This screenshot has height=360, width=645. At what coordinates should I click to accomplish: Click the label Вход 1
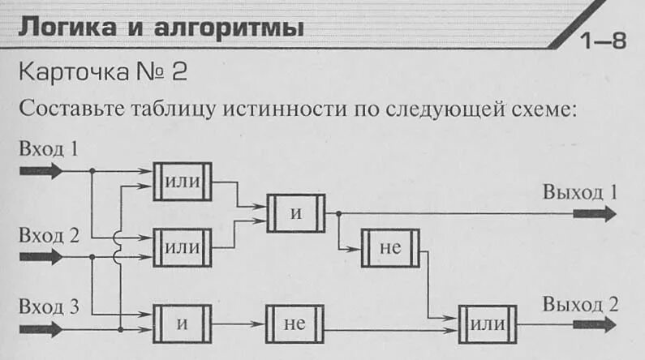coord(50,150)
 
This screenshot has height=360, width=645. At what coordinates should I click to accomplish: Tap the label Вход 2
coord(50,236)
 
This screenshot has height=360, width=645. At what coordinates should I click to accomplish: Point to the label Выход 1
coord(580,193)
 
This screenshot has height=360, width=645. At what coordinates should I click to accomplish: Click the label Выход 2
coord(580,305)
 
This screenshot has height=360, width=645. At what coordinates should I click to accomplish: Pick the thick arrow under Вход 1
coord(40,171)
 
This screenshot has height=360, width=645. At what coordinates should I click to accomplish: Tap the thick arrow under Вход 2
coord(40,257)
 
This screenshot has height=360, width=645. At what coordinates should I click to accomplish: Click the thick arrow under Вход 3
coord(40,328)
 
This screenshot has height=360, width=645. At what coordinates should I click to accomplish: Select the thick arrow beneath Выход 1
coord(595,214)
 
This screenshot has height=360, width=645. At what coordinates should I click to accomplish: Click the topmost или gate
coord(182,182)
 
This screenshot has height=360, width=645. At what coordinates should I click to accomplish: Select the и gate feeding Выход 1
coord(295,214)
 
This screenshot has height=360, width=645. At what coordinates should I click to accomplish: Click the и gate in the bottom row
coord(182,324)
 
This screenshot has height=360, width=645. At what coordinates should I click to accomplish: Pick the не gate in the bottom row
coord(295,324)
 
